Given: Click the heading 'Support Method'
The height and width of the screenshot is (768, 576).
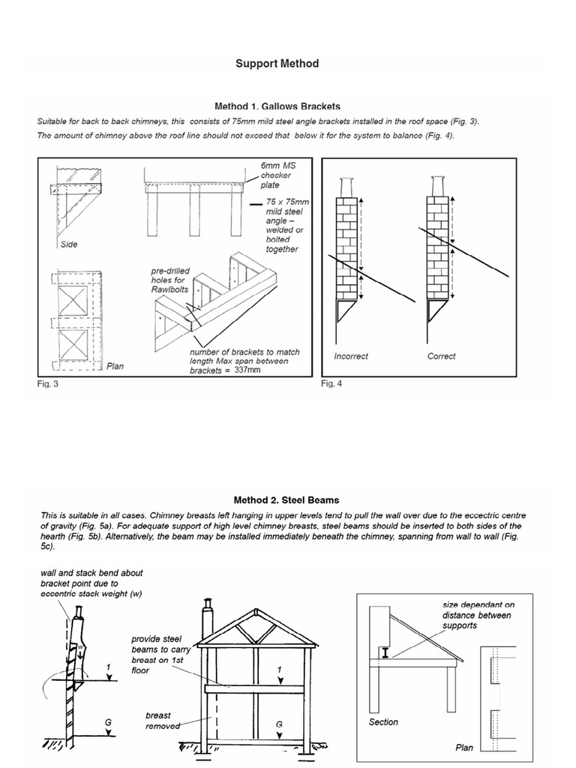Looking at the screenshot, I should tap(277, 64).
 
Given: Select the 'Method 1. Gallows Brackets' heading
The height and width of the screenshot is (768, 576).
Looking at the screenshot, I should tap(277, 106).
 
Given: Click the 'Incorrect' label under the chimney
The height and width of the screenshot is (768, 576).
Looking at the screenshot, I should tap(351, 356).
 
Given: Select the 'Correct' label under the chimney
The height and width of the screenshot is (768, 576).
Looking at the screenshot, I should tap(441, 356).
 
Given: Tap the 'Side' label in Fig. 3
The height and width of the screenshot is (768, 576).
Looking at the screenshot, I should tap(69, 244).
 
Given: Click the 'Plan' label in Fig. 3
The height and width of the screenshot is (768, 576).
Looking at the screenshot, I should tap(114, 367).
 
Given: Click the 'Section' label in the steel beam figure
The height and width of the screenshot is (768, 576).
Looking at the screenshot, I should tap(383, 722).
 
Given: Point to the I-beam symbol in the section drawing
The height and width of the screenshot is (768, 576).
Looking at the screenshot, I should tap(385, 653).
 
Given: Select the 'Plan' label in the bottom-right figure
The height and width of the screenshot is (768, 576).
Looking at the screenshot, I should tap(464, 748).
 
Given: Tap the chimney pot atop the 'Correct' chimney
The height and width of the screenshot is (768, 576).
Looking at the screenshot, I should tap(438, 185).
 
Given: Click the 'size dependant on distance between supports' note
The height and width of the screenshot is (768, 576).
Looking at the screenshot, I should tap(476, 615).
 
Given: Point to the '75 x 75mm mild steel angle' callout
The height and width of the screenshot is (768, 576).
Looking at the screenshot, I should tap(282, 226).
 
